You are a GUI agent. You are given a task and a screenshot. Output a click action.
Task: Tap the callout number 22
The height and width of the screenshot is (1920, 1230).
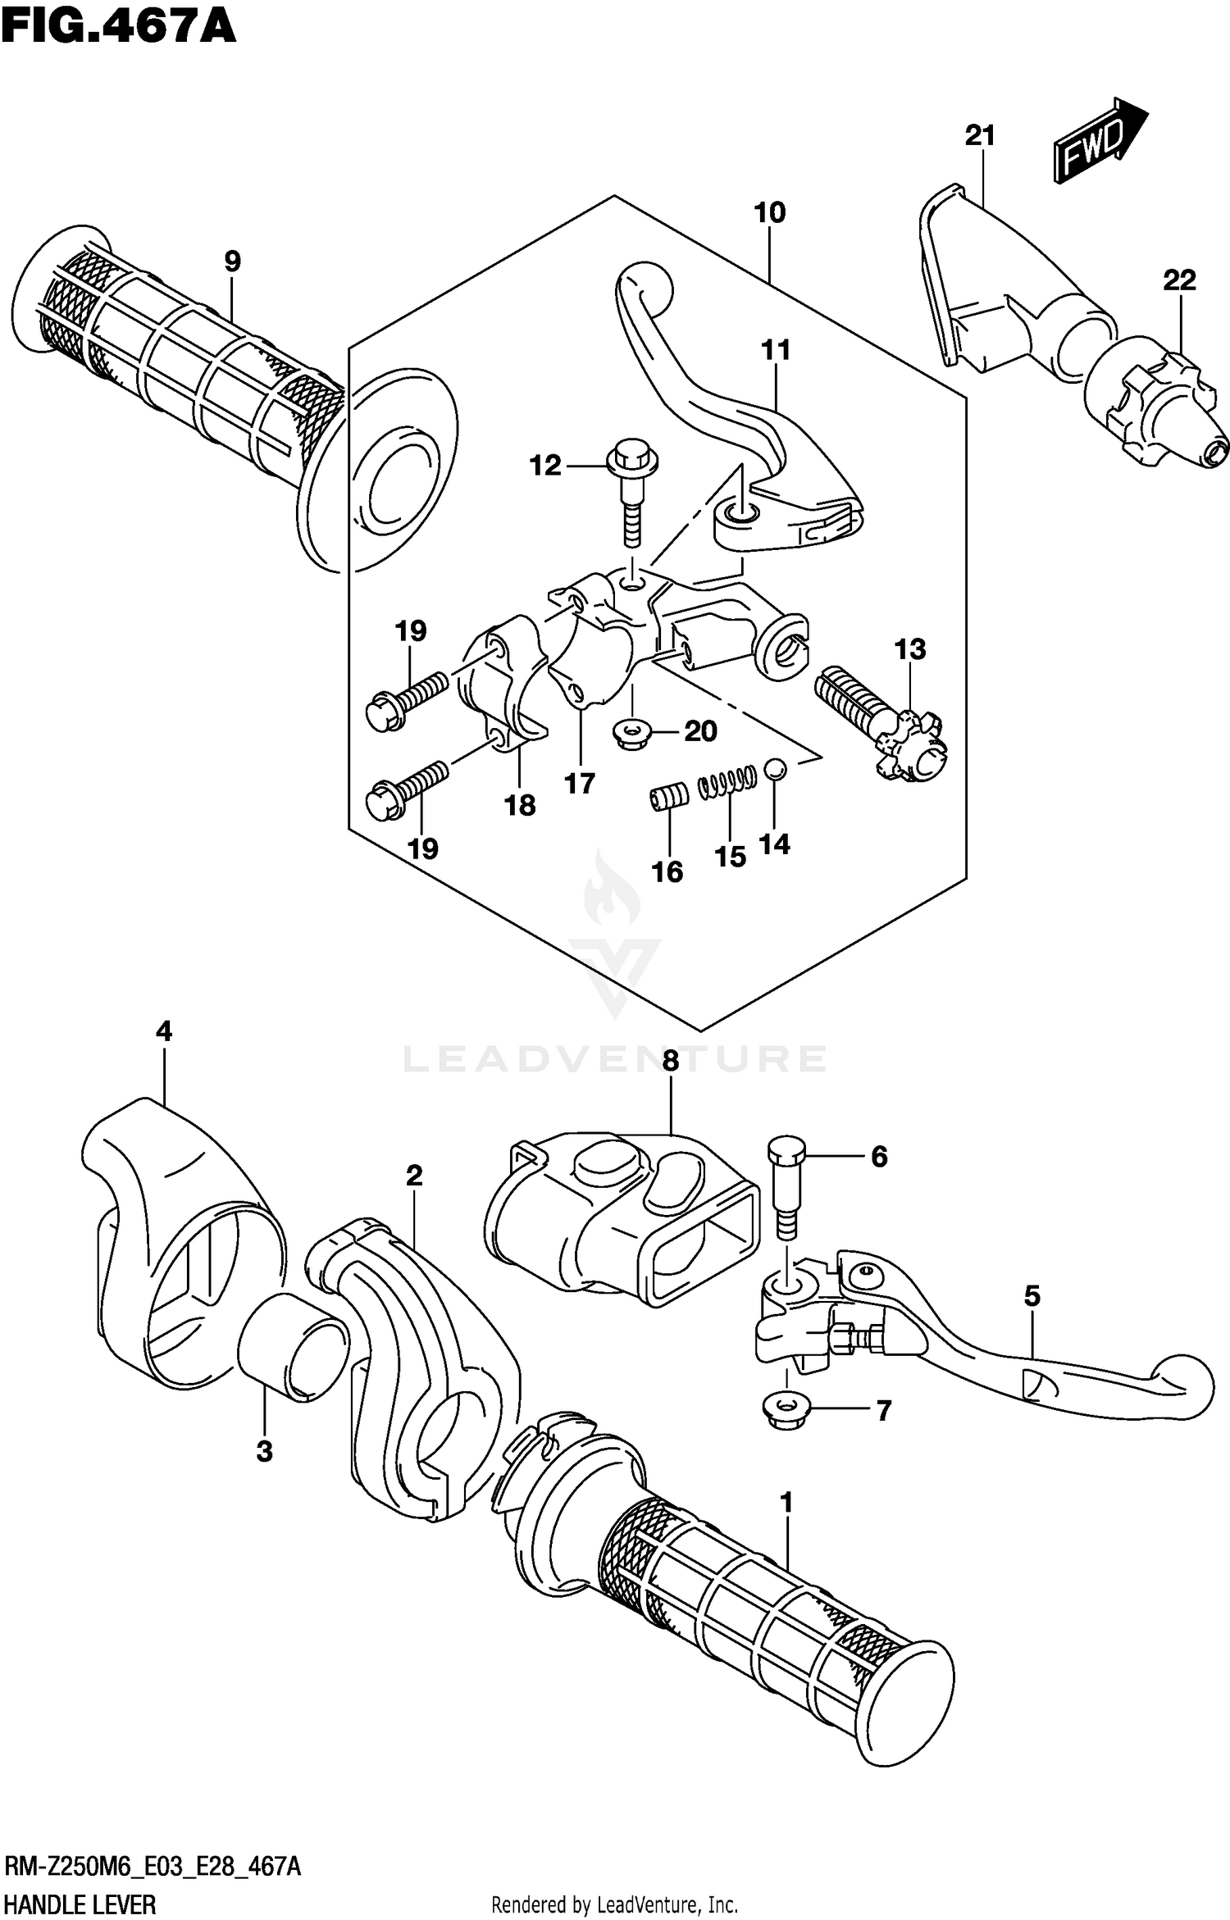pos(1179,280)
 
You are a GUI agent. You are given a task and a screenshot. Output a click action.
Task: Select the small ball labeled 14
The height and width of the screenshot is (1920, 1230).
pos(775,769)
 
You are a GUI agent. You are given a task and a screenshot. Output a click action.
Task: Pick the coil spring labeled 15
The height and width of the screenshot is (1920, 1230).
pos(727,780)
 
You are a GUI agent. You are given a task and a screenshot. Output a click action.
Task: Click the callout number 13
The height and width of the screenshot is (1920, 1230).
pos(909,649)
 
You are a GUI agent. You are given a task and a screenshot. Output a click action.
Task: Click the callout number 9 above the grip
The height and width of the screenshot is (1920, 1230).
pos(232,262)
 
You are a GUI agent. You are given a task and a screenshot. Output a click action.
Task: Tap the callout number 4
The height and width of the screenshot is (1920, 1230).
pos(164,1031)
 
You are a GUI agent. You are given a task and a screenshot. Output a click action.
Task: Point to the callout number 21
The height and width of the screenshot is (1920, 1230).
pos(979,135)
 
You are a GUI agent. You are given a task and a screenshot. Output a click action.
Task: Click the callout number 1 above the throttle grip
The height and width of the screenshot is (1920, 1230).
pos(786,1503)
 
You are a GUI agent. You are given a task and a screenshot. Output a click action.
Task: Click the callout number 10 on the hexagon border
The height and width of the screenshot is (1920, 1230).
pos(769,213)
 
